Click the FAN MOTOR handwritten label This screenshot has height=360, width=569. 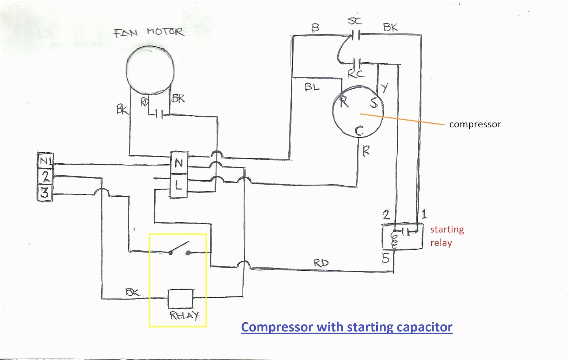pyautogui.click(x=149, y=32)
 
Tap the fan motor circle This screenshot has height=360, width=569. pyautogui.click(x=150, y=70)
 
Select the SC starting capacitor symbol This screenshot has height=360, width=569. pyautogui.click(x=356, y=35)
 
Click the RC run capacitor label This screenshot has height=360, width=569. pyautogui.click(x=356, y=74)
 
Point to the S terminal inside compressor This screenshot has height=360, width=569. pyautogui.click(x=373, y=102)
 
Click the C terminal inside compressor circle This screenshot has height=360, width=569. pyautogui.click(x=359, y=131)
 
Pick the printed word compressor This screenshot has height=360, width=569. pyautogui.click(x=475, y=124)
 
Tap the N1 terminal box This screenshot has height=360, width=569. pyautogui.click(x=45, y=161)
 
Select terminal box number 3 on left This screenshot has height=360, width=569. pyautogui.click(x=45, y=193)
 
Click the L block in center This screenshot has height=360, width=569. pyautogui.click(x=179, y=185)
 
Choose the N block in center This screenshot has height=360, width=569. pyautogui.click(x=179, y=163)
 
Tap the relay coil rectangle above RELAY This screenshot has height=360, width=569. pyautogui.click(x=181, y=298)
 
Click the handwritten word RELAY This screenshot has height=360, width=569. pyautogui.click(x=184, y=316)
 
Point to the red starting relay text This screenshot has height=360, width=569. pyautogui.click(x=447, y=236)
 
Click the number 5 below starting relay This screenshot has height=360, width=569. pyautogui.click(x=385, y=258)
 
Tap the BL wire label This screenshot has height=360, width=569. pyautogui.click(x=312, y=87)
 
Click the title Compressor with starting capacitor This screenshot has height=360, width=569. pyautogui.click(x=346, y=327)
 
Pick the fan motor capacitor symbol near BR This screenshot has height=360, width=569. pyautogui.click(x=159, y=114)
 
